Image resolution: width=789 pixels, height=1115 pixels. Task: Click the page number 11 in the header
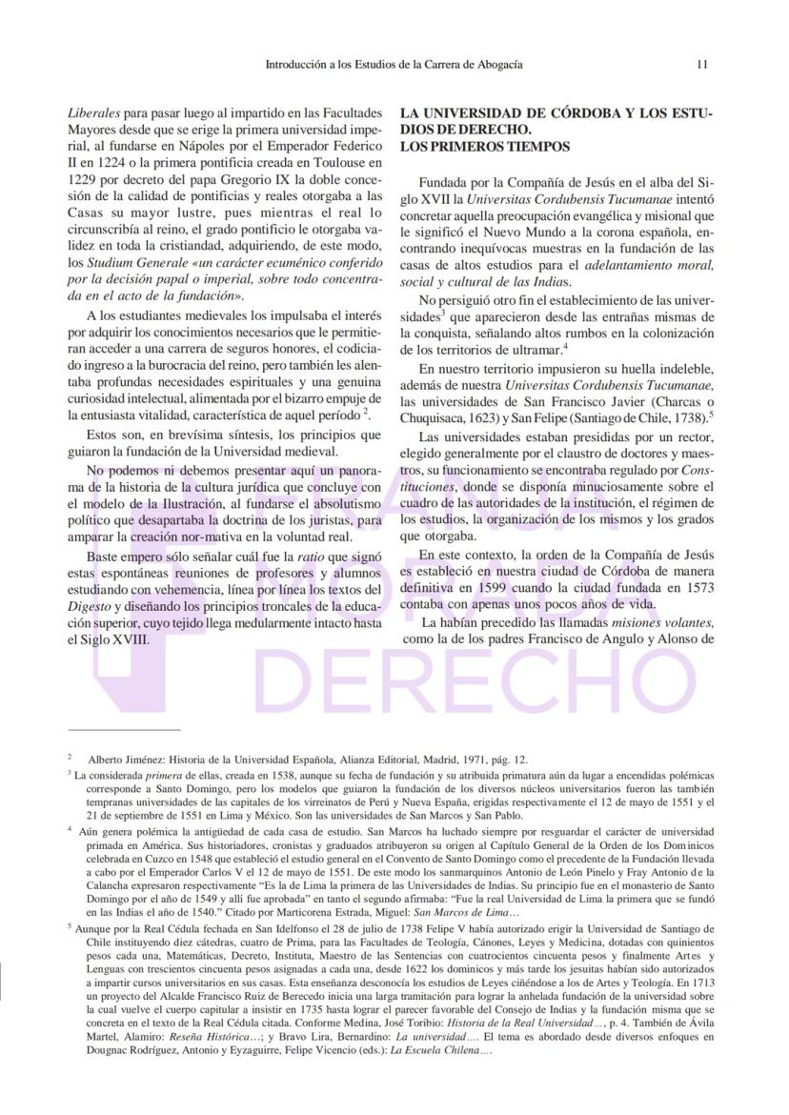point(701,65)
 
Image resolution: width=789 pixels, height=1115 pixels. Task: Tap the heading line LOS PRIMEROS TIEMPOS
point(485,147)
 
